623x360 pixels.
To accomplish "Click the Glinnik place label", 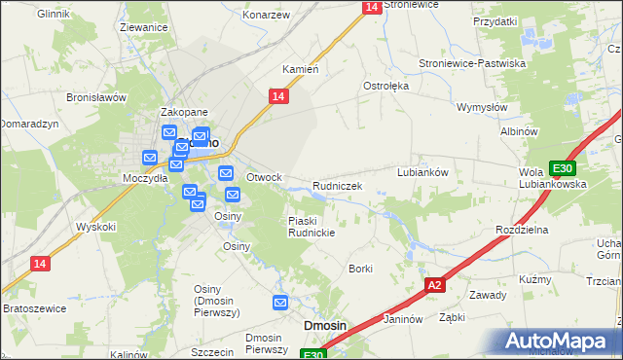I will tap(56, 15).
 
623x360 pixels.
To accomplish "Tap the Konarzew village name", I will tap(267, 17).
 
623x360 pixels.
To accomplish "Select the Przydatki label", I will tap(495, 20).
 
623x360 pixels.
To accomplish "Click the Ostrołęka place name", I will tap(386, 86).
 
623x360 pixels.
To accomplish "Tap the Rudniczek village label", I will tap(338, 185).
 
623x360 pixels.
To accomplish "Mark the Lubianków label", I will tap(422, 171).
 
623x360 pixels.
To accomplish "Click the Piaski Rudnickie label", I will tap(311, 227).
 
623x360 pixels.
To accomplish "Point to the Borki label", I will tap(361, 268).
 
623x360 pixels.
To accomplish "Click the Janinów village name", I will tap(403, 318).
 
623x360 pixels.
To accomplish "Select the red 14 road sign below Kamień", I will tap(278, 95).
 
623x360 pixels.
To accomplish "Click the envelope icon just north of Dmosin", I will tap(281, 303).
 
